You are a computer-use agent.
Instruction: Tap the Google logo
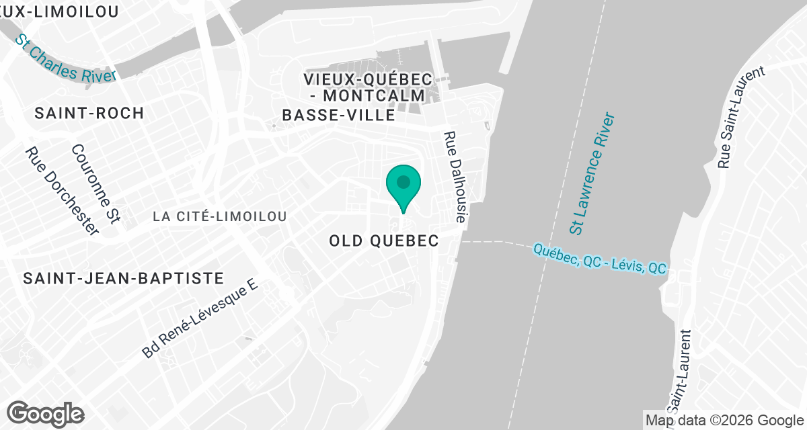click(x=46, y=413)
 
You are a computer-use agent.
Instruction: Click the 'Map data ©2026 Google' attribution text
click(x=724, y=420)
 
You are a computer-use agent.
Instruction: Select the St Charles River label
click(x=66, y=58)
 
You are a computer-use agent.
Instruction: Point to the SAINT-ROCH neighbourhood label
click(x=89, y=113)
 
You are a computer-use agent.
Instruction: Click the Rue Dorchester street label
click(x=61, y=191)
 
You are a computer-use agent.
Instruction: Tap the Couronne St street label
click(x=95, y=183)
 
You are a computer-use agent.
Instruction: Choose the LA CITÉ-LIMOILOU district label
click(x=220, y=216)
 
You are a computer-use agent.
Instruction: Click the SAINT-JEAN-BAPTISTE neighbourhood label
click(x=123, y=277)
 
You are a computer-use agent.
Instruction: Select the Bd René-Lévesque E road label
click(x=200, y=319)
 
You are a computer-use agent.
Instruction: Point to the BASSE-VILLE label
click(x=338, y=116)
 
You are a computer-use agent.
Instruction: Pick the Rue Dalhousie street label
click(x=457, y=176)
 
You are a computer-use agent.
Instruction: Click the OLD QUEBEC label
click(x=384, y=241)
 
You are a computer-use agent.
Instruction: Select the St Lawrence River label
click(x=592, y=174)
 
